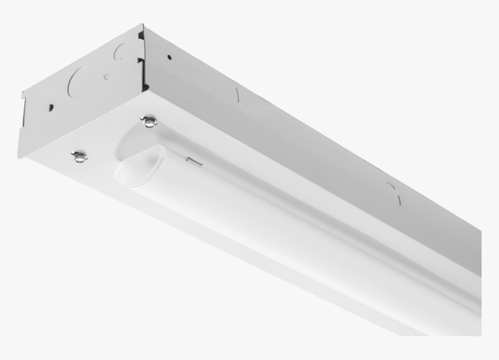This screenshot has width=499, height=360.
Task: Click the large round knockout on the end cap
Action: [81, 81]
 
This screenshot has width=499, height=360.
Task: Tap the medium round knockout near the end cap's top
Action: [120, 53]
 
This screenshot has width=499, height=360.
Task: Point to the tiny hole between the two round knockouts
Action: [106, 75]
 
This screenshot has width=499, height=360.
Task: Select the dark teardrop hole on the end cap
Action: [51, 107]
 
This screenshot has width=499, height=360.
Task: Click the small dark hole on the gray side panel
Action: [169, 57]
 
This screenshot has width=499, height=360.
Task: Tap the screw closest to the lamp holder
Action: [150, 121]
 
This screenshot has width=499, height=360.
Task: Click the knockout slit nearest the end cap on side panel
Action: [236, 94]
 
